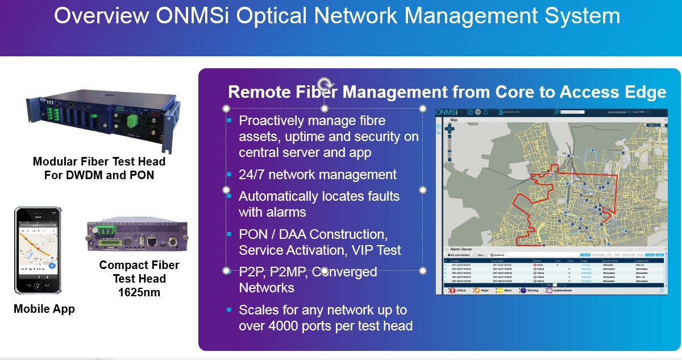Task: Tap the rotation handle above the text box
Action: pos(325,83)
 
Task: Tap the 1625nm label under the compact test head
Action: pos(139,292)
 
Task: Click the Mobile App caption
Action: pos(44,309)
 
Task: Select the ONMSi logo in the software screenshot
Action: pos(447,112)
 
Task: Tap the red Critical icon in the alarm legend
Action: pos(452,290)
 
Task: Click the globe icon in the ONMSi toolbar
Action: pos(478,112)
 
